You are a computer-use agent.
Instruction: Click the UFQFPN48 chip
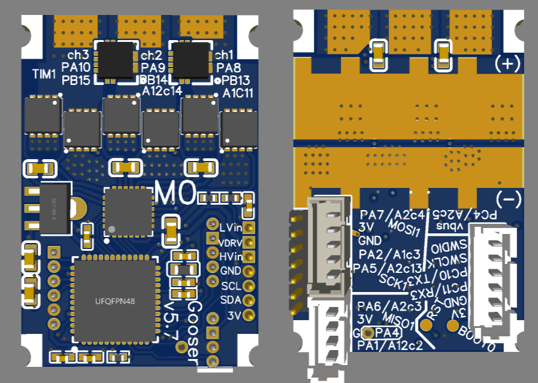click(x=115, y=300)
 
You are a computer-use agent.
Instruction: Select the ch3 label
click(x=78, y=54)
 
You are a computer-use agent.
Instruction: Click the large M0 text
click(x=175, y=193)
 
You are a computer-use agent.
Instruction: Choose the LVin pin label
click(x=230, y=227)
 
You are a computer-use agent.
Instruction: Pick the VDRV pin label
click(x=230, y=242)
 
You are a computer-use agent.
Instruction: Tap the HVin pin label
click(x=230, y=257)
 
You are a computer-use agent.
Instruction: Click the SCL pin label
click(x=230, y=285)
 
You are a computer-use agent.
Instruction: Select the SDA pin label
click(x=230, y=300)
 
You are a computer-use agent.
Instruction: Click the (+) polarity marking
click(x=508, y=64)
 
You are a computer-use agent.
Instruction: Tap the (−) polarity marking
click(x=509, y=197)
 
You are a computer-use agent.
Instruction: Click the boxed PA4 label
click(x=387, y=332)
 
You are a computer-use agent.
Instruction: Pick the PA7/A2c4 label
click(x=392, y=214)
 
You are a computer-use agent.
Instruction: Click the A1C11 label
click(x=238, y=93)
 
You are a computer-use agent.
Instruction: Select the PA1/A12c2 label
click(x=390, y=345)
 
